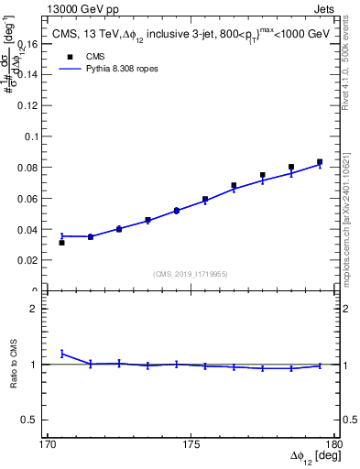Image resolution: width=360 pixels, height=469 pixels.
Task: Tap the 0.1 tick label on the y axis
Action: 35,136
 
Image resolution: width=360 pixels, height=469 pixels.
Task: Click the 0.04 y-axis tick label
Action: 32,229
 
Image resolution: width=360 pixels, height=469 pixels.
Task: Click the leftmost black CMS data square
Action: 61,243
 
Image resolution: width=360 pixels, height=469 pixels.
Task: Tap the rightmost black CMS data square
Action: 320,162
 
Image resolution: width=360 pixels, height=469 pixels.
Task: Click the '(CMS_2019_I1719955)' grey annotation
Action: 191,273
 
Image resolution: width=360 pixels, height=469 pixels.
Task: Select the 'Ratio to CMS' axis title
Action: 14,364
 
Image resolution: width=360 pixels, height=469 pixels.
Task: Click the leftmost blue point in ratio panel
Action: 61,353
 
